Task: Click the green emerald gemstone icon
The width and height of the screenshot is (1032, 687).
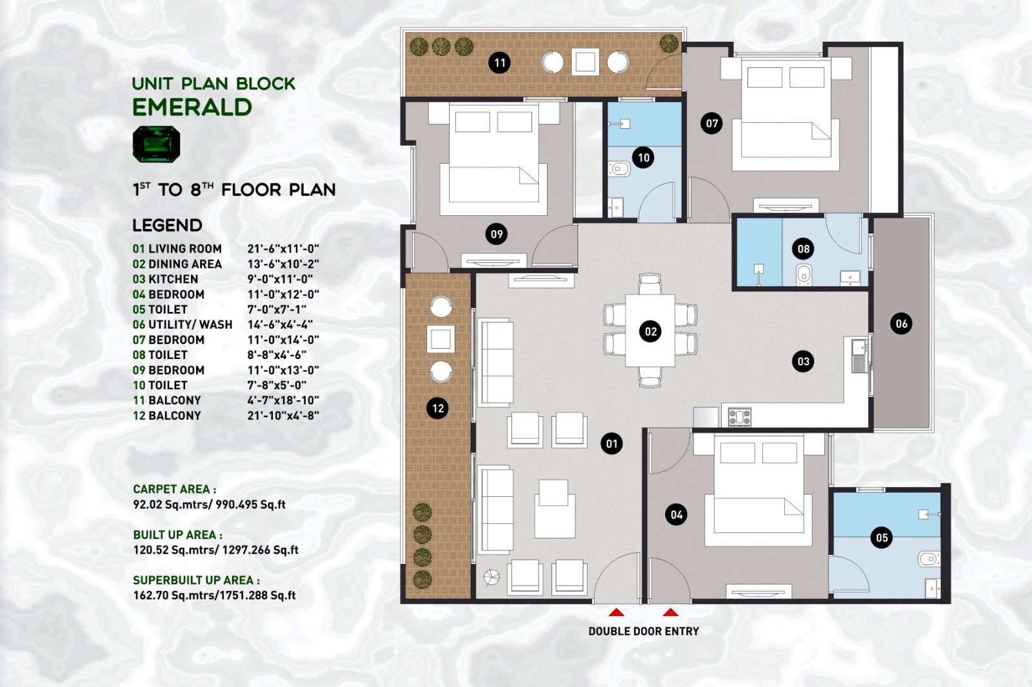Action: pos(156,144)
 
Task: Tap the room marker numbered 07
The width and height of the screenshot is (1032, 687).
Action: pos(711,123)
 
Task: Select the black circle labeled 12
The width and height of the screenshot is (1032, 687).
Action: pos(438,408)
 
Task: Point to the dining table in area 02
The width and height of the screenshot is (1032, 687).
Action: pos(650,331)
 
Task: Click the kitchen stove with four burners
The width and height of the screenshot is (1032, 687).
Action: pos(739,417)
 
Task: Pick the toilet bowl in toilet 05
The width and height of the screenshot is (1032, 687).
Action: pos(928,559)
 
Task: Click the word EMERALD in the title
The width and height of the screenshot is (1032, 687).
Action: pos(192,107)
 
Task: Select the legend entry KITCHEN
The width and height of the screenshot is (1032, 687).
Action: pos(174,279)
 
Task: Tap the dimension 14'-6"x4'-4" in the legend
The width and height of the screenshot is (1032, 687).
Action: pos(280,325)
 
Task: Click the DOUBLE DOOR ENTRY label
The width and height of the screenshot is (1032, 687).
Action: pos(644,632)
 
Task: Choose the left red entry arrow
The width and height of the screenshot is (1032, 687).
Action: pos(617,612)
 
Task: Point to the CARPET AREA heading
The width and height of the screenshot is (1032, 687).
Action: pos(175,489)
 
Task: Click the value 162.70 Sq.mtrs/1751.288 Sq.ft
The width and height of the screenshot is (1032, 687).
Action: pos(214,595)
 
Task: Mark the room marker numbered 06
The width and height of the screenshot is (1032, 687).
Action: pos(901,324)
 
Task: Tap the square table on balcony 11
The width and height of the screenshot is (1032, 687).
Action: pos(585,62)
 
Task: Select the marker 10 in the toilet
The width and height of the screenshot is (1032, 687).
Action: pos(643,157)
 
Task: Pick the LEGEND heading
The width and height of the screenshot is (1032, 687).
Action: pos(167,225)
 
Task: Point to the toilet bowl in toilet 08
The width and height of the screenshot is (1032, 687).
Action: pos(804,275)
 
